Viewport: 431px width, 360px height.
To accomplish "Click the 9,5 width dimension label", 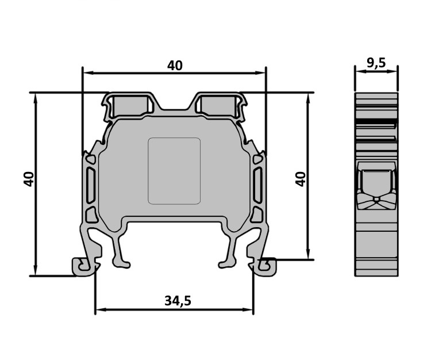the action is pyautogui.click(x=376, y=63).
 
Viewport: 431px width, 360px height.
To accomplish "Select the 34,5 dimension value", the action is pyautogui.click(x=178, y=301).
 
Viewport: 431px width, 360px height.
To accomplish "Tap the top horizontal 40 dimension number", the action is pyautogui.click(x=175, y=66).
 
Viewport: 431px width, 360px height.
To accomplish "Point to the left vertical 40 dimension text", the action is pyautogui.click(x=29, y=179).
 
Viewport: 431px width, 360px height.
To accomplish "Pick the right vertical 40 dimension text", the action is pyautogui.click(x=301, y=179).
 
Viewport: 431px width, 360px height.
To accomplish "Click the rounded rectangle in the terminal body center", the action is pyautogui.click(x=174, y=171).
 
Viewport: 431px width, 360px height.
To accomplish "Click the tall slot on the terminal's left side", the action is pyautogui.click(x=91, y=185).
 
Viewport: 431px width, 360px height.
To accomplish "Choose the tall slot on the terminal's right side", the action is pyautogui.click(x=257, y=185).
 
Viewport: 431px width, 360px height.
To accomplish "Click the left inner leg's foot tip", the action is pyautogui.click(x=121, y=264).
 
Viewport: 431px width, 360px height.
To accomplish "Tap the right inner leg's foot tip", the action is pyautogui.click(x=227, y=264).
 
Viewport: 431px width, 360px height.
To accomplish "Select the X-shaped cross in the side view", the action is pyautogui.click(x=376, y=201).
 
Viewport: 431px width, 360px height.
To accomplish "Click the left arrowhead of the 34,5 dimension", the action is pyautogui.click(x=101, y=309).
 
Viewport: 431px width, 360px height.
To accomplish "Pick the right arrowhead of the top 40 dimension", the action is pyautogui.click(x=260, y=73).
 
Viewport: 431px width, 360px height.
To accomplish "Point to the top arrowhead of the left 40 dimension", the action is pyautogui.click(x=35, y=98).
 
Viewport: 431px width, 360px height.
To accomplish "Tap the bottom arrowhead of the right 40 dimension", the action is pyautogui.click(x=308, y=254).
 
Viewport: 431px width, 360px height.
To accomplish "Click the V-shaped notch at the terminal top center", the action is pyautogui.click(x=174, y=102).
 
